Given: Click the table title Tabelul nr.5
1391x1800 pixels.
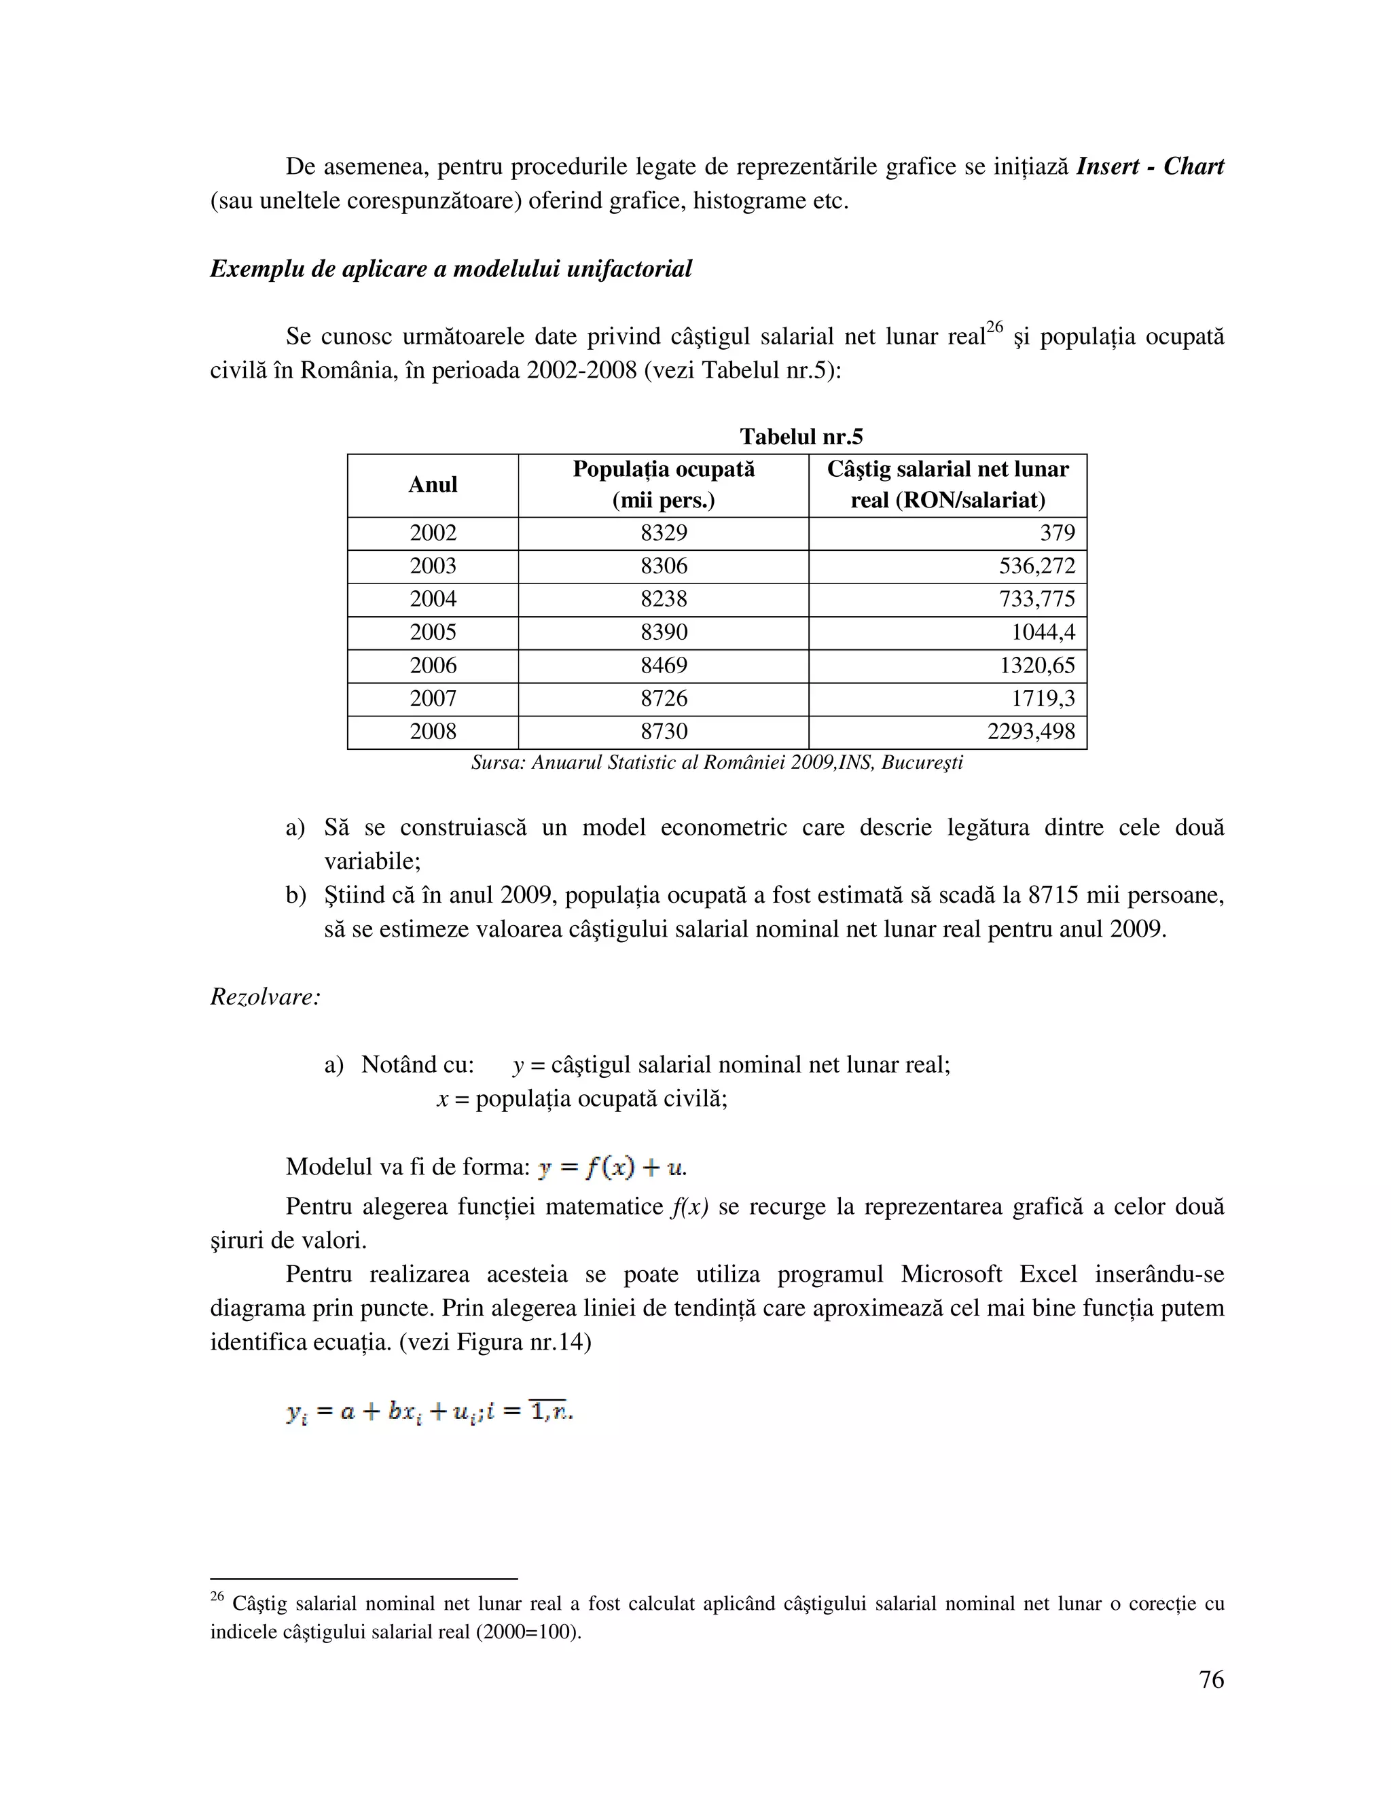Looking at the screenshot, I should [800, 437].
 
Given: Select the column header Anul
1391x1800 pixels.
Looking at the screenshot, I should [433, 484].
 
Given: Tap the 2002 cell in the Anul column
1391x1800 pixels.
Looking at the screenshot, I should [433, 533].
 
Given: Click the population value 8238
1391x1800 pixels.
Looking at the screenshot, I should [664, 599].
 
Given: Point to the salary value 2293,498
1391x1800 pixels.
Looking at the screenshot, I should [1031, 732].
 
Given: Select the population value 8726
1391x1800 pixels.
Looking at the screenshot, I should [664, 699].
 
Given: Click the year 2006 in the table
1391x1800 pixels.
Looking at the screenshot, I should [433, 666].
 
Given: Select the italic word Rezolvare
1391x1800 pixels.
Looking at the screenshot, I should [264, 997].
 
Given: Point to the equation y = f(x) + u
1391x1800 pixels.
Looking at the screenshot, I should [611, 1168].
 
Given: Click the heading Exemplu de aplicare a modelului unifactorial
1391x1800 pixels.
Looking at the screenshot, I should [451, 269].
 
